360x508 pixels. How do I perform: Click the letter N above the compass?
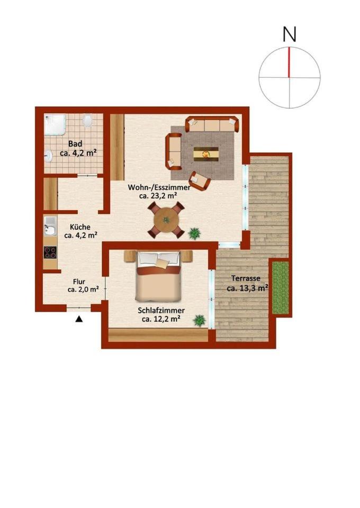290,34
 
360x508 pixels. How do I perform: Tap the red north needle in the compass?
289,62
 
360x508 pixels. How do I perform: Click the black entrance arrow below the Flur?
79,319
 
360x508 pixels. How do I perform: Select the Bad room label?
75,143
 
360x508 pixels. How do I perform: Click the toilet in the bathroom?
87,121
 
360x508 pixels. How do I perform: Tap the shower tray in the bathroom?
55,124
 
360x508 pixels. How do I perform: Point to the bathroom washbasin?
49,156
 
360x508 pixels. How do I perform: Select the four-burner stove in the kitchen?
50,252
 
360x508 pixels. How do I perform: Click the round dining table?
166,220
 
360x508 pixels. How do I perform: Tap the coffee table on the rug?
206,153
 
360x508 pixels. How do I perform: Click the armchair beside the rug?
200,181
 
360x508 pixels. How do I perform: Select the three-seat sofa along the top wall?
212,124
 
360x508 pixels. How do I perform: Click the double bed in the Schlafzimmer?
158,276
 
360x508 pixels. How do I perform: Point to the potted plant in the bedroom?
199,321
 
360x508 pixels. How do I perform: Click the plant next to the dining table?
194,233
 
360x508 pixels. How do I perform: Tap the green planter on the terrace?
280,288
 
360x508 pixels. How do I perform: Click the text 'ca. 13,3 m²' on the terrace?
248,287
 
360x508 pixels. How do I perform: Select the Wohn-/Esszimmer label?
159,187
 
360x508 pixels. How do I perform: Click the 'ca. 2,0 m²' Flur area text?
83,289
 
